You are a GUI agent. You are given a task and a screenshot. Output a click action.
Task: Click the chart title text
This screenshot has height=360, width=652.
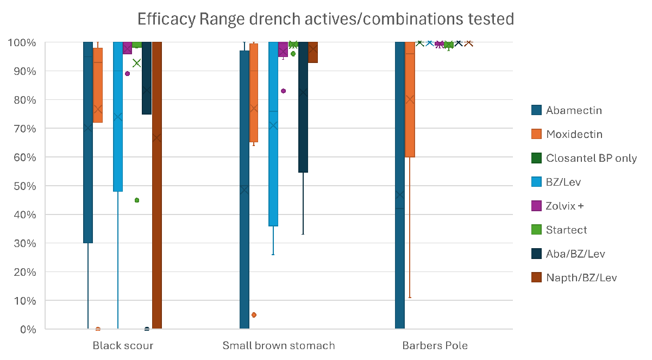pos(325,20)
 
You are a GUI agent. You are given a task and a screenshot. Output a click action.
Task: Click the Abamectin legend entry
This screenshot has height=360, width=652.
pos(574,110)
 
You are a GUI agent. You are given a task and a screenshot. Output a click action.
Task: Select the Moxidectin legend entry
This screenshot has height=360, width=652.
pos(574,134)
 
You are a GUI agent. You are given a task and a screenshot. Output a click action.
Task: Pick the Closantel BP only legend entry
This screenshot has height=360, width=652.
pos(591,158)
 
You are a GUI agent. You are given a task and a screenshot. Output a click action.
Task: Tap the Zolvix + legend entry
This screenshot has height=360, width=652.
pos(568,206)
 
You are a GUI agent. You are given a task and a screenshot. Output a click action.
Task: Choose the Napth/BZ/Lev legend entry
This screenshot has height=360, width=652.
pos(581,277)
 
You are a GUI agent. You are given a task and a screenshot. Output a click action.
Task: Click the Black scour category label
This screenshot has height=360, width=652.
pos(123,345)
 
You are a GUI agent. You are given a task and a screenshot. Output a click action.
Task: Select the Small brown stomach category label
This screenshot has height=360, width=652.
pos(279,345)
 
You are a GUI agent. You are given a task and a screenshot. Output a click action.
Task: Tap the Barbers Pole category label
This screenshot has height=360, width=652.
pos(435,345)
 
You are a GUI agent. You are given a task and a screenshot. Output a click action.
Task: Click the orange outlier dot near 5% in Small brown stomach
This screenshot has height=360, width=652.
pos(254,315)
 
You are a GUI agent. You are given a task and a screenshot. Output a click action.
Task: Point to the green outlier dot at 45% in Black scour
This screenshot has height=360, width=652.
pos(137,200)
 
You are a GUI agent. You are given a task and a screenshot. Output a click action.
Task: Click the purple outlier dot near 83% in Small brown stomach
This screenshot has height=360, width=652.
pos(283,91)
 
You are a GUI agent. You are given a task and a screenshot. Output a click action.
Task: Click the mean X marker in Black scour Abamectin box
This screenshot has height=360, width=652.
pos(88,128)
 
